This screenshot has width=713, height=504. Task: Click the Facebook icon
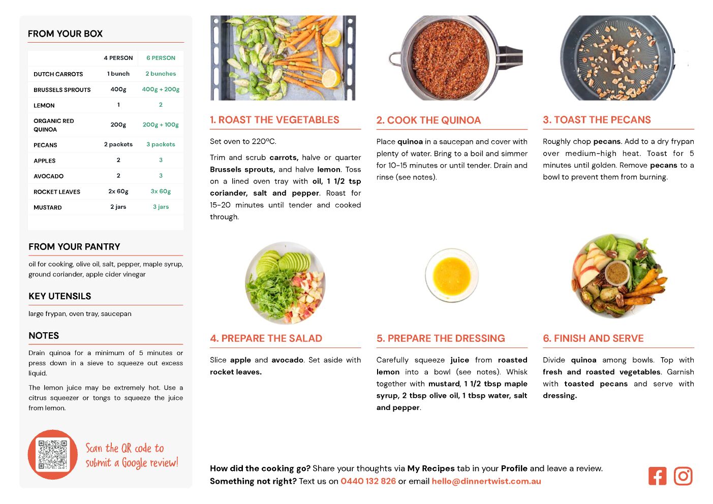[657, 476]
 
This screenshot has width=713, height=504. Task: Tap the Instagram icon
[683, 476]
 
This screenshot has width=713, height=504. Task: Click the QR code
[53, 455]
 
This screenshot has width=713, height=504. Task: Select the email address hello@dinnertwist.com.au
[486, 481]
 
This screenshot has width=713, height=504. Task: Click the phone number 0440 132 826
[368, 481]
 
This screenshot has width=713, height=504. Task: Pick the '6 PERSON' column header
[161, 58]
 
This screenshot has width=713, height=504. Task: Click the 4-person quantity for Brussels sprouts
[118, 89]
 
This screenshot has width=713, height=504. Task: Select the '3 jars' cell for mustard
[161, 207]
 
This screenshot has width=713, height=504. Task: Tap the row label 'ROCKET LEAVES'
[57, 192]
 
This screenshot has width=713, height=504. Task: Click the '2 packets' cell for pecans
[118, 144]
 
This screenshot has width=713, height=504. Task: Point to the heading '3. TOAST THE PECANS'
[597, 120]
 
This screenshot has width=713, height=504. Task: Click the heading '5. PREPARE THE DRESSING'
[441, 338]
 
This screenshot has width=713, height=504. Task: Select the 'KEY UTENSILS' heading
[60, 296]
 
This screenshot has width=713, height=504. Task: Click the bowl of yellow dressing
[452, 275]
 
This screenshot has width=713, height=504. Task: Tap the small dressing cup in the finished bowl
[617, 273]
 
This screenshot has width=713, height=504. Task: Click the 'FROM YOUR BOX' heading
[65, 34]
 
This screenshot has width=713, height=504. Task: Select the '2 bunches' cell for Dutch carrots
[161, 74]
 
